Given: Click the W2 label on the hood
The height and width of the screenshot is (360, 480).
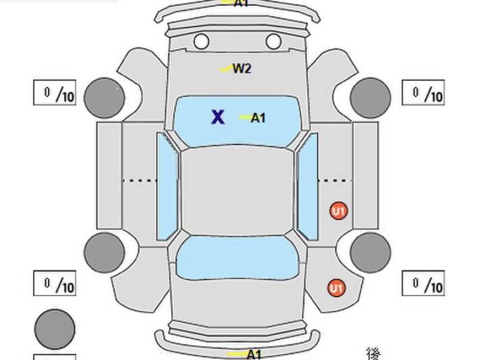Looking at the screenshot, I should coord(242,68).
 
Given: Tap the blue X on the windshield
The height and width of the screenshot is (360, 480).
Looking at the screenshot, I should coord(217,117).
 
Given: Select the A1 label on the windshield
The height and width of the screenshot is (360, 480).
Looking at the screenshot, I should coord(258,118).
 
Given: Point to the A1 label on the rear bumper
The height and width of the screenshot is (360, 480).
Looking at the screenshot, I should coord(254,354).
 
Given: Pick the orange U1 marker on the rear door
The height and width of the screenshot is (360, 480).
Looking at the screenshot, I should coord(339,211).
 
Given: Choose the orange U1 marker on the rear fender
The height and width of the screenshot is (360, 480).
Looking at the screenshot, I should coord(337,288).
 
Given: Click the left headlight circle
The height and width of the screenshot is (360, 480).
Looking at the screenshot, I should coord(201,41).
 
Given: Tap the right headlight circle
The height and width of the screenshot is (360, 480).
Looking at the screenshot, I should coord(273,41).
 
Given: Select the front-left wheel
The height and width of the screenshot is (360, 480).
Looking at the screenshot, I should coord(104,96).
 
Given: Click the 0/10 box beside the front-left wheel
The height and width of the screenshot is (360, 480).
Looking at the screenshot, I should coord(55,94).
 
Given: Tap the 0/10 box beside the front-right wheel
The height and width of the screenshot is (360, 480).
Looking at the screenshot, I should coord(423,93).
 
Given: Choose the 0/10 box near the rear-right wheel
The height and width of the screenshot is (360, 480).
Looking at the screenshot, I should coord(423,283).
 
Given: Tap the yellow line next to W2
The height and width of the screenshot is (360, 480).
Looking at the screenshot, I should coord(226,69).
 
